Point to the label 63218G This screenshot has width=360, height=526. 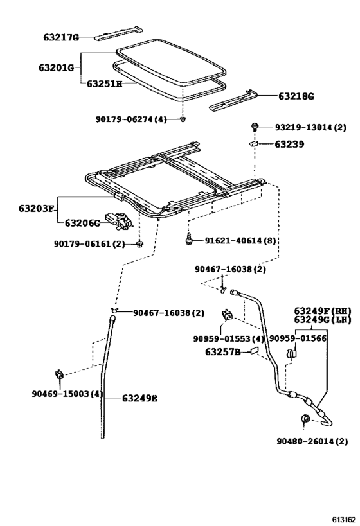[296, 96]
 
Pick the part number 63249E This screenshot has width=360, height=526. [140, 398]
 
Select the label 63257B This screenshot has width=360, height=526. [223, 352]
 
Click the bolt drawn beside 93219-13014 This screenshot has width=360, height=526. [255, 128]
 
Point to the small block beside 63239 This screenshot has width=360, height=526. [255, 144]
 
